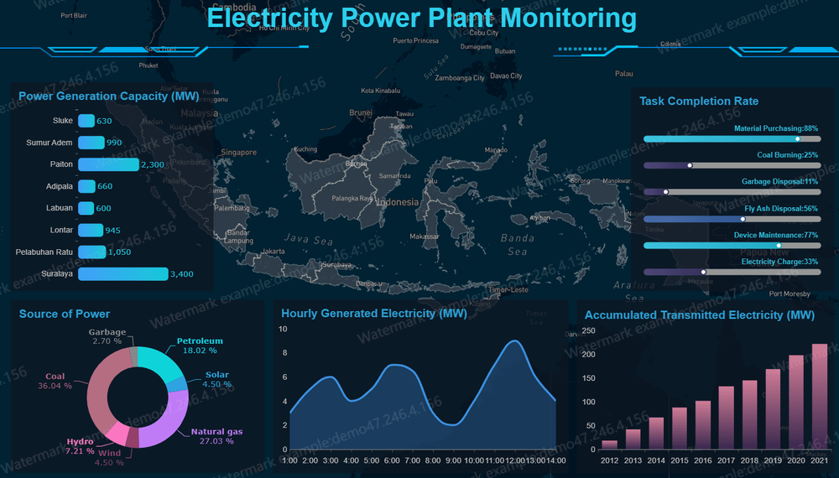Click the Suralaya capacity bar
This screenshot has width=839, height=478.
click(x=123, y=273)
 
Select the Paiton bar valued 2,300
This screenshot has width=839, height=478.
click(x=108, y=164)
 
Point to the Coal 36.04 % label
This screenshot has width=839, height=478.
click(x=55, y=382)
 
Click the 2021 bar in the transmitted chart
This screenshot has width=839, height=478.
click(x=820, y=397)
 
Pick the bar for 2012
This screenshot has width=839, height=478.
click(x=610, y=444)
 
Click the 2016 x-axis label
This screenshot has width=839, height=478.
click(x=703, y=460)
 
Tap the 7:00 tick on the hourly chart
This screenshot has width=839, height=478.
click(x=413, y=460)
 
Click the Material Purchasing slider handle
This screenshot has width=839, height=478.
click(x=797, y=139)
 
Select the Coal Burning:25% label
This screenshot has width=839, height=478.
click(x=787, y=155)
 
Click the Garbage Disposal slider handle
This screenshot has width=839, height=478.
click(x=666, y=192)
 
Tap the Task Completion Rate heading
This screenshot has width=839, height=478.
click(x=699, y=101)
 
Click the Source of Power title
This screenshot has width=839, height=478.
click(x=65, y=314)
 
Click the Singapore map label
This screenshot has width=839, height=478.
click(x=238, y=153)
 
